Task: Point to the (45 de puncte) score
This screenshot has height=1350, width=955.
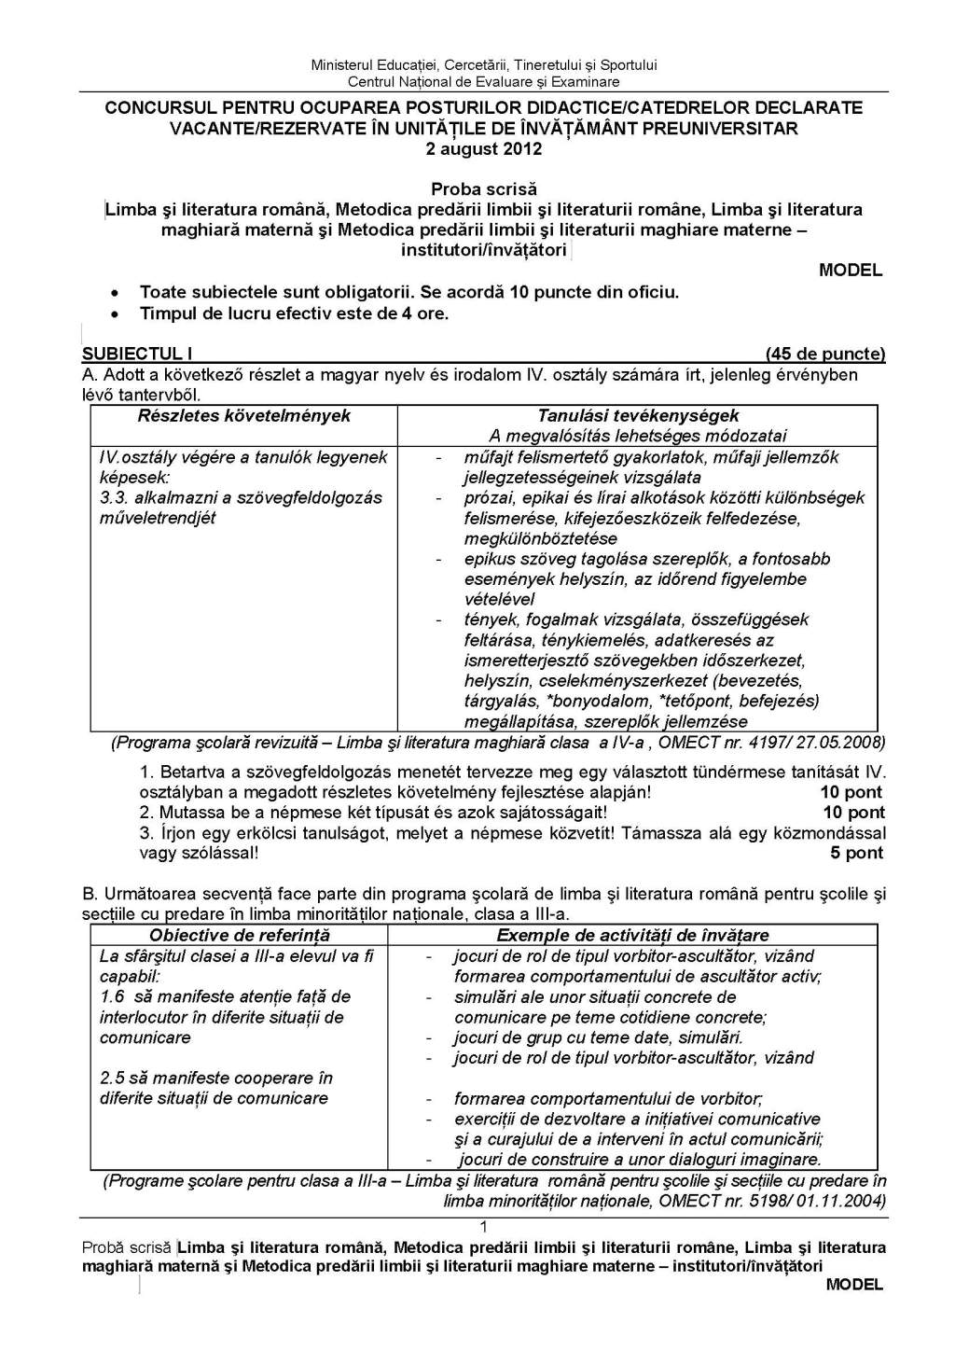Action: point(824,354)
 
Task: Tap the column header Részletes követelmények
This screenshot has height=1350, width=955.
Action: point(244,416)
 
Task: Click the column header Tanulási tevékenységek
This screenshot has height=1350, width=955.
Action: point(638,416)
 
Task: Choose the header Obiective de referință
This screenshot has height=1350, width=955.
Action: point(240,935)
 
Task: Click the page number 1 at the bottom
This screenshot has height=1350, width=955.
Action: point(483,1227)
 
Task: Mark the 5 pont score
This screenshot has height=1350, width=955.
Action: point(856,853)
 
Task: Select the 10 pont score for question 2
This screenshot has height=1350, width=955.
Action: point(852,813)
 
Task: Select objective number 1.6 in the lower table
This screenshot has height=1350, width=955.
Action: point(112,996)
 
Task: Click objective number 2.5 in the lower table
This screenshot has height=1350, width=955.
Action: point(112,1078)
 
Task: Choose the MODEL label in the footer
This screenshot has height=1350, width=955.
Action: point(853,1285)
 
